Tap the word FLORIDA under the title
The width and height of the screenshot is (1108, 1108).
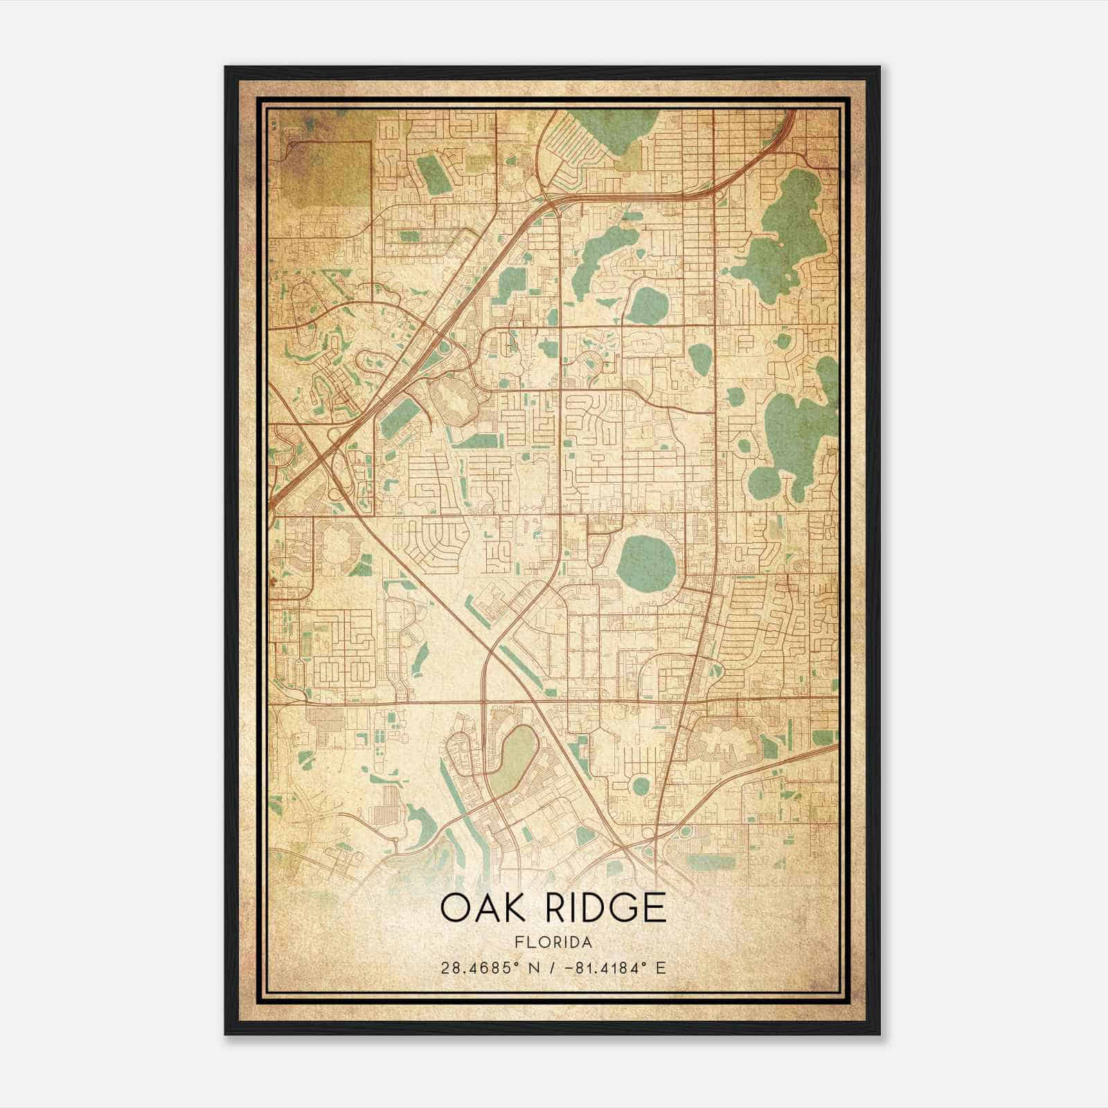point(553,942)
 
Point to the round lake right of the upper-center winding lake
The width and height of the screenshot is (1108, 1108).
point(646,305)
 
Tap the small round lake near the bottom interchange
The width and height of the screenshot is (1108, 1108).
point(640,787)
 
